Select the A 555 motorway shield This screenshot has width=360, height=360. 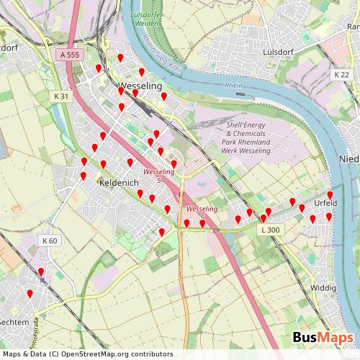(70, 55)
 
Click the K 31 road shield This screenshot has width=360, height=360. (61, 96)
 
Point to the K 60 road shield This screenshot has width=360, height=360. (49, 240)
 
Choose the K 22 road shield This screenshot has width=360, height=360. (341, 75)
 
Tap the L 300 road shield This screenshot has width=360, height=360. (270, 230)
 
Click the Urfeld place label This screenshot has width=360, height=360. (325, 204)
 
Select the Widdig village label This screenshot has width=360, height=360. (322, 288)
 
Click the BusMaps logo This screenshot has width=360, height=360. (323, 338)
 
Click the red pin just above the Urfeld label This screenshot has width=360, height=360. (330, 195)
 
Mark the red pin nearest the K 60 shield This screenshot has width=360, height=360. (40, 272)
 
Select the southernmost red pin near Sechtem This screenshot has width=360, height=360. (30, 294)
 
